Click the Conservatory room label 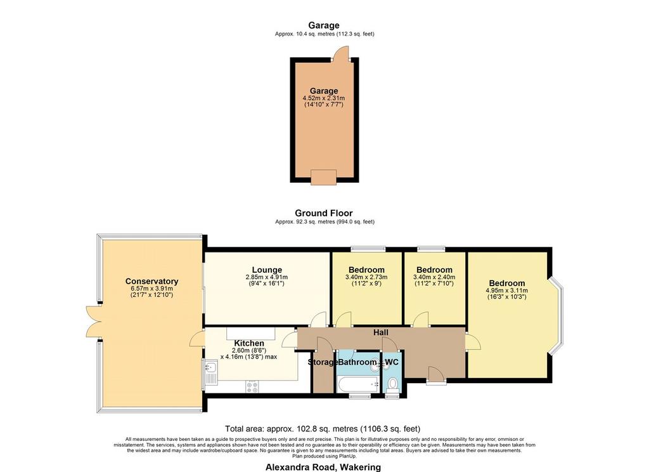[x=151, y=282]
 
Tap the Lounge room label [x=267, y=270]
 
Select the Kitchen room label [x=249, y=344]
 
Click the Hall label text [x=381, y=332]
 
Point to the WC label [x=392, y=362]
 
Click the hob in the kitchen [x=252, y=386]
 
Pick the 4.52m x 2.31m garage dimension [x=324, y=98]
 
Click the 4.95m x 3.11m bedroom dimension [x=506, y=291]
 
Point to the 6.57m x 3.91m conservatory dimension [x=151, y=289]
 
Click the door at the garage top [x=342, y=53]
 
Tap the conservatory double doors [x=94, y=321]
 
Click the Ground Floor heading [x=324, y=213]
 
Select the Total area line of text [x=323, y=429]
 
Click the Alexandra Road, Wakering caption [x=323, y=468]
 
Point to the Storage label [x=323, y=363]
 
